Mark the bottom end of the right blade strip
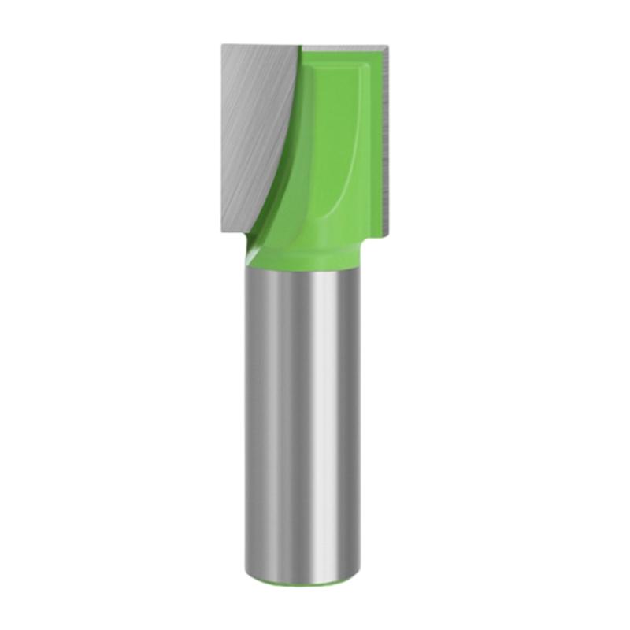(x=386, y=234)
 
